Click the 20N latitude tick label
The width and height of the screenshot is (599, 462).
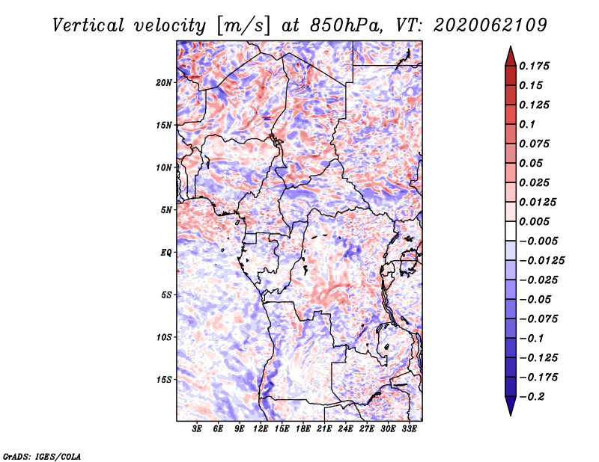(x=164, y=82)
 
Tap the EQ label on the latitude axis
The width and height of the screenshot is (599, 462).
(x=166, y=253)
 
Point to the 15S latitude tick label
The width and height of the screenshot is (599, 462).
(x=164, y=380)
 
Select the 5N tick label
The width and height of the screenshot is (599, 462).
(x=166, y=210)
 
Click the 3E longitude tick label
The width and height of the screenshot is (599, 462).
(x=197, y=429)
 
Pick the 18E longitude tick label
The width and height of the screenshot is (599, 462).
(x=303, y=429)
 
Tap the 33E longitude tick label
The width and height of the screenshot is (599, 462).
(x=409, y=429)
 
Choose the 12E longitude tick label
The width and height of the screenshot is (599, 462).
(x=261, y=429)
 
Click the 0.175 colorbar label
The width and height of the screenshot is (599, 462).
(x=534, y=66)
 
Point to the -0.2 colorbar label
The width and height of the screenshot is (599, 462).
(x=532, y=397)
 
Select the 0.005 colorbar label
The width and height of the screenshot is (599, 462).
(x=534, y=221)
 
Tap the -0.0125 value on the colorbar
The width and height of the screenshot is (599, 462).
(x=541, y=261)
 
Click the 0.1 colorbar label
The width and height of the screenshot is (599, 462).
(x=527, y=124)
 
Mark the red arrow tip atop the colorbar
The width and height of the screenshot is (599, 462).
(x=511, y=47)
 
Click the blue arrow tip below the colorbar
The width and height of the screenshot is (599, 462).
(x=511, y=415)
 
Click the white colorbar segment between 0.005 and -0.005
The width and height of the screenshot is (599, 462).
(x=511, y=231)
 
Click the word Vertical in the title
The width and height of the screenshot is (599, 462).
(x=88, y=25)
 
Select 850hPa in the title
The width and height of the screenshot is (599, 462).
(x=346, y=25)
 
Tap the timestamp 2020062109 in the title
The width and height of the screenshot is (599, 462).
(x=490, y=25)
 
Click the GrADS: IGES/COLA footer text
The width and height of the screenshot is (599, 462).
(x=42, y=456)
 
